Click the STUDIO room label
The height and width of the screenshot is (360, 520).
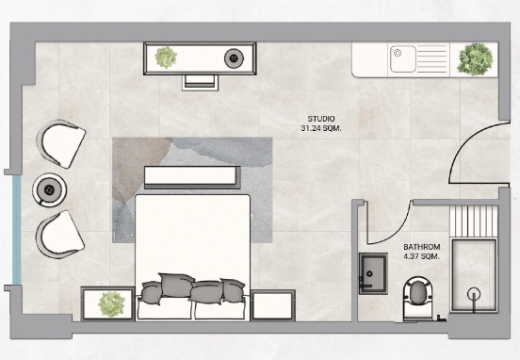click(x=321, y=119)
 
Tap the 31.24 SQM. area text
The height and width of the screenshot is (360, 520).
click(x=321, y=128)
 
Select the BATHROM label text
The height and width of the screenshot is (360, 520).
click(x=422, y=247)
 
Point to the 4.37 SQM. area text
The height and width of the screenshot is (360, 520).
click(x=422, y=256)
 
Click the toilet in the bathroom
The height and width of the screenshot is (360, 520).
click(x=418, y=299)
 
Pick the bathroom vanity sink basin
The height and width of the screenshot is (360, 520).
click(x=373, y=273)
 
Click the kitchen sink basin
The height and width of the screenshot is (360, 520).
click(x=403, y=59)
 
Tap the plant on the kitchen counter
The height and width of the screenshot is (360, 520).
click(x=475, y=59)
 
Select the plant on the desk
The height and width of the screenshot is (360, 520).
click(x=166, y=57)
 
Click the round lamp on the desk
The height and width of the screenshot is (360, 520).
click(x=235, y=58)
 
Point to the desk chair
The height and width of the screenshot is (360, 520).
click(x=201, y=82)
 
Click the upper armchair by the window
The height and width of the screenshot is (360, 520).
click(x=61, y=143)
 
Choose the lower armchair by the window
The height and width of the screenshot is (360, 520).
click(x=60, y=235)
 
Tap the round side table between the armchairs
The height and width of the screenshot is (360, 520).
click(x=49, y=189)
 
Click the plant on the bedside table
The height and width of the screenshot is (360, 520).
click(x=112, y=304)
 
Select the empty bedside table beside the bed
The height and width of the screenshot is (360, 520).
click(x=273, y=305)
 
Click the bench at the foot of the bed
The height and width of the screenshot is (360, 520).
click(x=192, y=177)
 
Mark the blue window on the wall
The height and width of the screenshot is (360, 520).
click(x=17, y=230)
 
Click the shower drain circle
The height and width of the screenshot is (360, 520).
click(x=474, y=294)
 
